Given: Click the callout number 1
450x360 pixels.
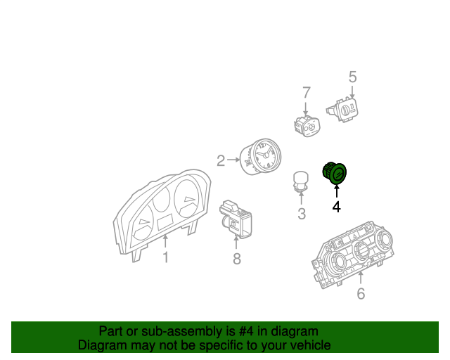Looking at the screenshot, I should pos(165,258).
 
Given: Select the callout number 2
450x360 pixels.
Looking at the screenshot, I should pos(220,161).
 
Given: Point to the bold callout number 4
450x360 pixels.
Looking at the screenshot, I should pos(336,207).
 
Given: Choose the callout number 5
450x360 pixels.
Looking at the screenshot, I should pos(352,77).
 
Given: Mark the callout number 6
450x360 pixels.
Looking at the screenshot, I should pos(361,293).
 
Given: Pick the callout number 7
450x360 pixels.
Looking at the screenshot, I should pos(306,93).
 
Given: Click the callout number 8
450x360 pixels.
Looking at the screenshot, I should pos(236,259).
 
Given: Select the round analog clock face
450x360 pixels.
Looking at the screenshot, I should pos(264,155).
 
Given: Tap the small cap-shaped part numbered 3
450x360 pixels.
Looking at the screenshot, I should pos(301,180).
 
